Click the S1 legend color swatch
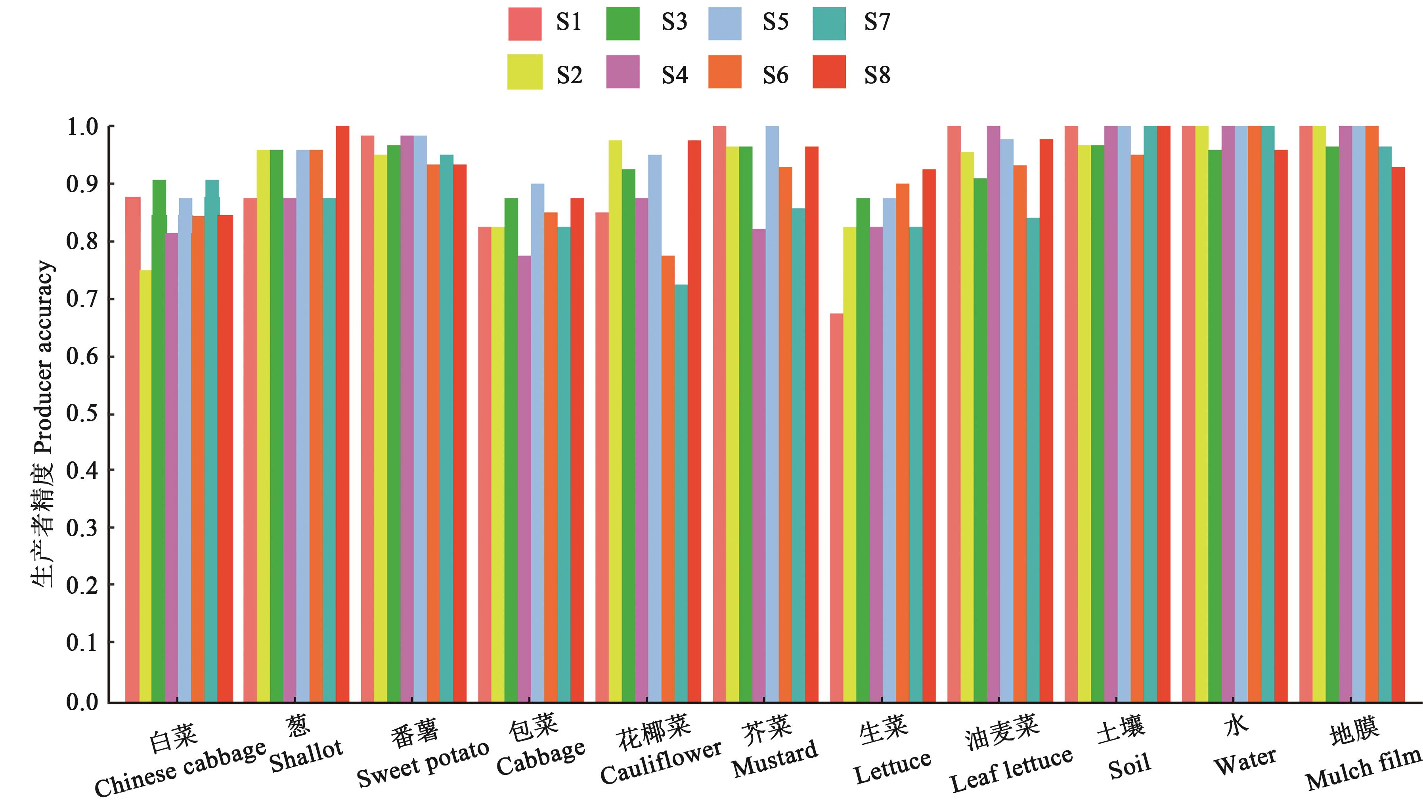click(525, 24)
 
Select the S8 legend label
click(877, 75)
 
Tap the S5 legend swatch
click(725, 24)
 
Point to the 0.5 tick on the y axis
click(82, 415)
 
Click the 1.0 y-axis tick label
click(82, 127)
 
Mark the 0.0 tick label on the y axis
click(82, 702)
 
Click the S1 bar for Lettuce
click(836, 507)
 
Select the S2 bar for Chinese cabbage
click(145, 486)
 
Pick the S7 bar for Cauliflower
click(681, 493)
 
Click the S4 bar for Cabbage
click(524, 478)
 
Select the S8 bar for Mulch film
click(1398, 434)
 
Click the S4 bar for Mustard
click(759, 466)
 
